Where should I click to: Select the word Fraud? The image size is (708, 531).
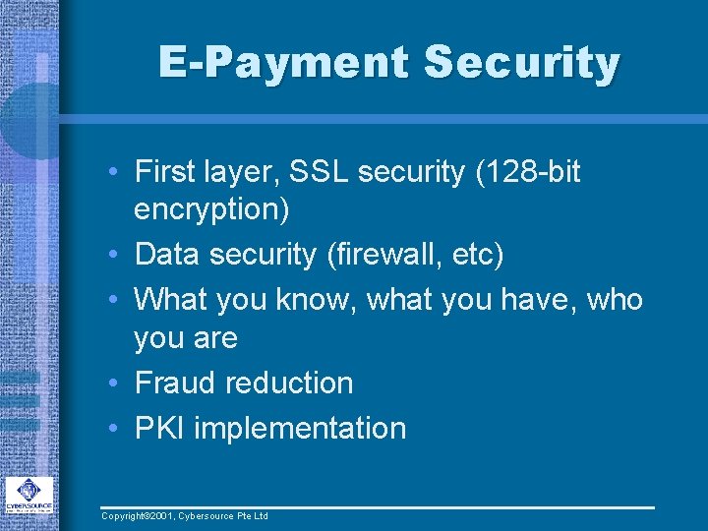tap(175, 383)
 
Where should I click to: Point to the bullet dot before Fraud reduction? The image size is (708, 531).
tap(115, 383)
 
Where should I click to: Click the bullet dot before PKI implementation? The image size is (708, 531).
tap(115, 429)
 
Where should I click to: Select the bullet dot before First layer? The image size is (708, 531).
tap(115, 173)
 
